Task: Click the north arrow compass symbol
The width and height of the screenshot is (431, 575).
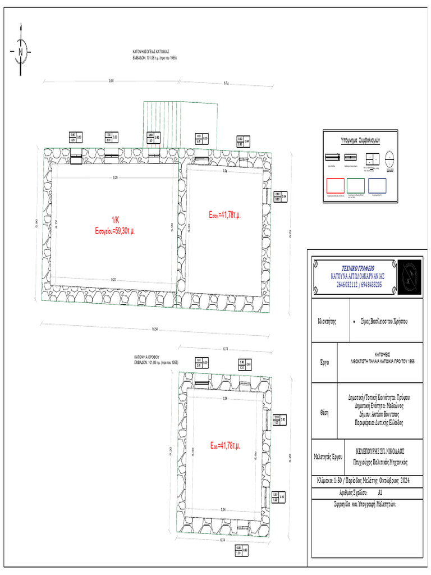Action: (21, 52)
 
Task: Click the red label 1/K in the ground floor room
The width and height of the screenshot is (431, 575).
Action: (115, 220)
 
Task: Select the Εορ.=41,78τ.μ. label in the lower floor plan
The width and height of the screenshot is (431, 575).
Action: (225, 445)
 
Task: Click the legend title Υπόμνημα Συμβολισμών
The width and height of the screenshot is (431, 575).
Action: (360, 138)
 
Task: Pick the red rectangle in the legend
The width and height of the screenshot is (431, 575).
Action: (336, 185)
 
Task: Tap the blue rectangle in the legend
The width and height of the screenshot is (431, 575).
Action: (378, 185)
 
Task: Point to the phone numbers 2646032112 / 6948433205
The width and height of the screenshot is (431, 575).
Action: (359, 285)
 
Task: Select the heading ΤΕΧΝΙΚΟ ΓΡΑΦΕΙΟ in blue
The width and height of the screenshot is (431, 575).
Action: (359, 268)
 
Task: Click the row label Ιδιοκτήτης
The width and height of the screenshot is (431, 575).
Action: (328, 322)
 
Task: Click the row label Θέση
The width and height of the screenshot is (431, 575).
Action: (324, 412)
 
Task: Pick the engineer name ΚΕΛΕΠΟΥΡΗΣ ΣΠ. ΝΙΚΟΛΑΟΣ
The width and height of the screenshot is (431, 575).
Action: (380, 451)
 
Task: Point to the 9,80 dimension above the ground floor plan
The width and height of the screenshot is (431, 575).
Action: (111, 82)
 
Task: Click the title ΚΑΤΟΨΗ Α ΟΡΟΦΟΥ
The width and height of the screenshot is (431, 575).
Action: (147, 357)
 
